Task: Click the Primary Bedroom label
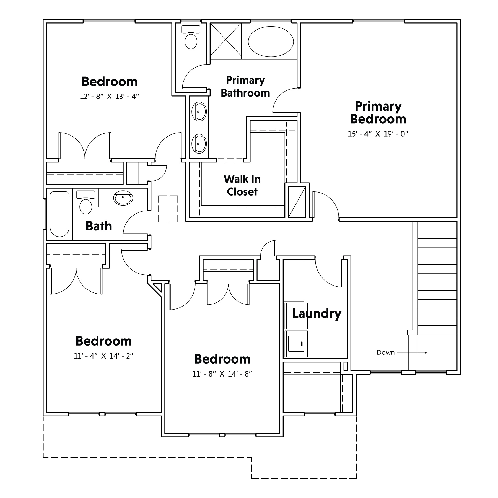click(x=378, y=113)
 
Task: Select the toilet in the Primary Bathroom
click(x=191, y=37)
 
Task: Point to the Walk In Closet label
click(x=242, y=185)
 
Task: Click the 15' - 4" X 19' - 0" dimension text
click(x=378, y=134)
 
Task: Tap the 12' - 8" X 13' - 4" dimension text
click(x=110, y=97)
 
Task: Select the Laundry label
click(x=317, y=314)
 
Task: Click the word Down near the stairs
click(x=386, y=352)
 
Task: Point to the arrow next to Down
click(x=413, y=353)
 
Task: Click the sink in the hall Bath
click(x=123, y=198)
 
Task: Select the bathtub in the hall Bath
click(x=60, y=214)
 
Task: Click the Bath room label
click(x=99, y=226)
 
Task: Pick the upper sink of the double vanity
click(x=199, y=111)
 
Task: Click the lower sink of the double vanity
click(x=199, y=143)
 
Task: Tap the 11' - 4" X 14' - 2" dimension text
click(x=104, y=356)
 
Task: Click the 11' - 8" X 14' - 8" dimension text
click(x=222, y=374)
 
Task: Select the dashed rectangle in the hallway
click(x=168, y=209)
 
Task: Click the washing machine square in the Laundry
click(x=296, y=343)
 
